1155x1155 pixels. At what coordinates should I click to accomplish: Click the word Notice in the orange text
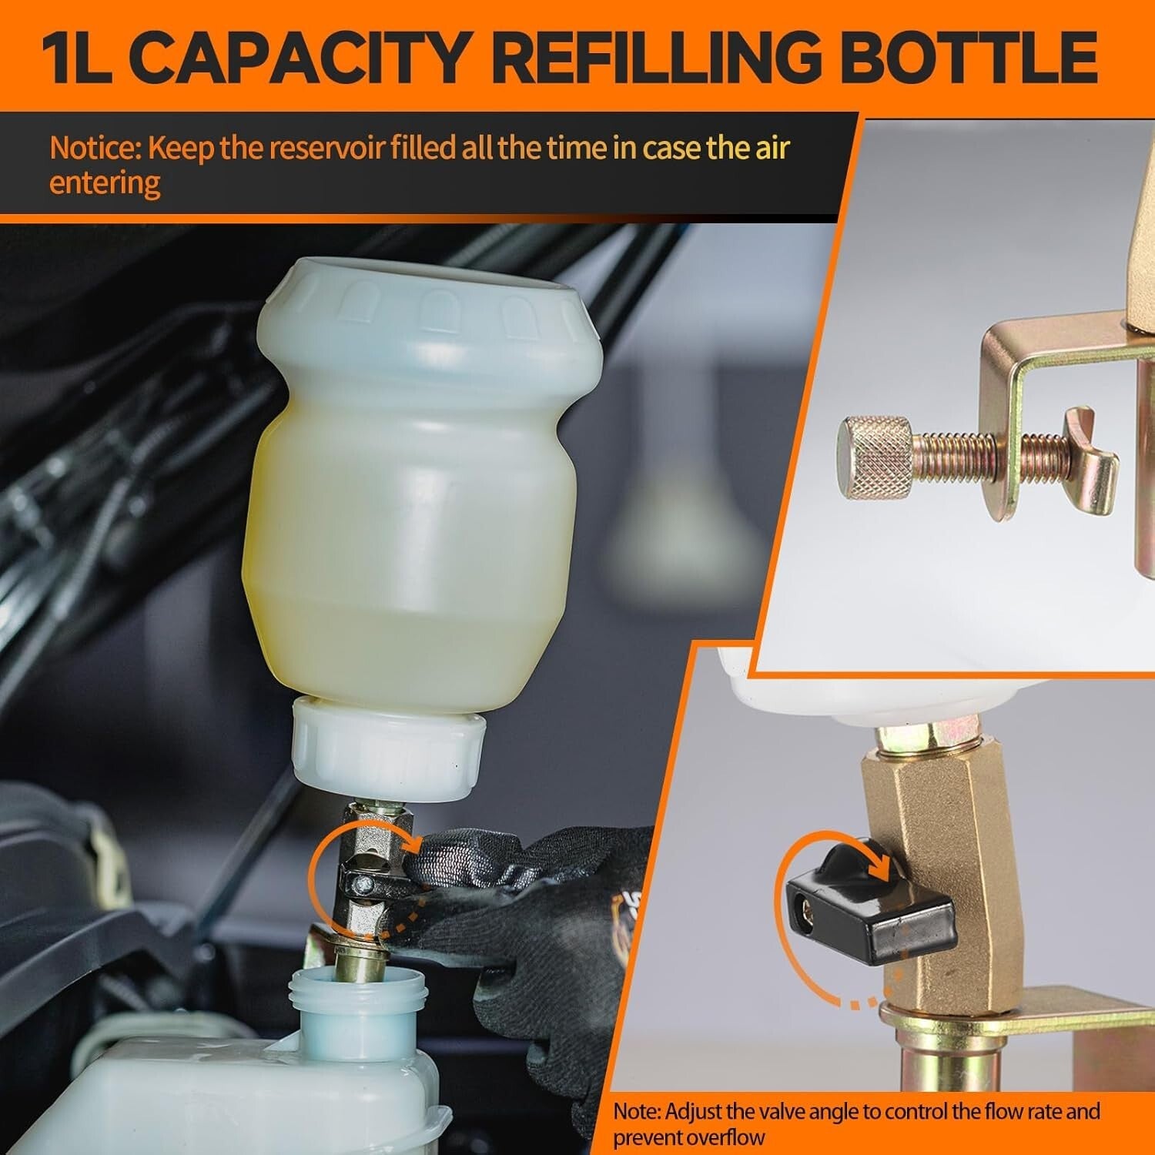point(92,148)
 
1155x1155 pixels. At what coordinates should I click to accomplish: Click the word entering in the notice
point(105,184)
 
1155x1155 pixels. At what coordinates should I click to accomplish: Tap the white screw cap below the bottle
point(388,747)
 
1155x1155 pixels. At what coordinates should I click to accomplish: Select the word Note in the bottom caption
point(636,1112)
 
